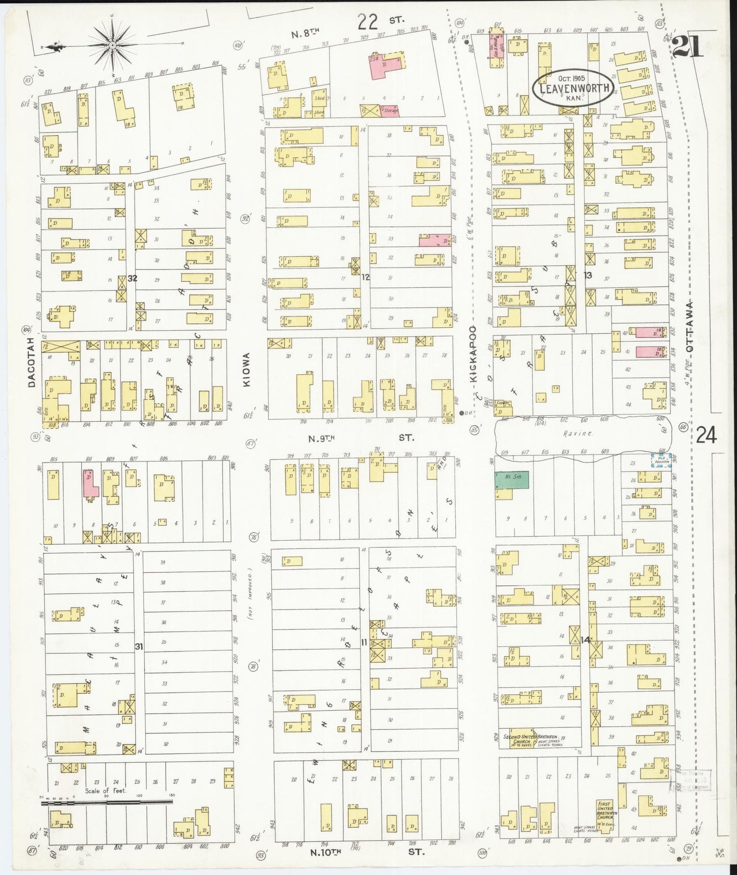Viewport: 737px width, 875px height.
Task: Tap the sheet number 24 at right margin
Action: (706, 436)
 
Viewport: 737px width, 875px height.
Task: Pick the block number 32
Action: (133, 278)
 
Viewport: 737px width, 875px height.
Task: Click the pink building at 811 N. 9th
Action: (90, 482)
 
